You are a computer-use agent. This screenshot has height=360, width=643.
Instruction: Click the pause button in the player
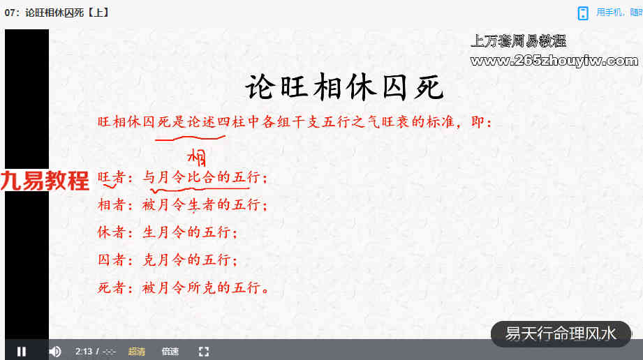pyautogui.click(x=22, y=352)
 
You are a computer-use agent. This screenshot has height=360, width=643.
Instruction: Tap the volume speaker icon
pyautogui.click(x=55, y=352)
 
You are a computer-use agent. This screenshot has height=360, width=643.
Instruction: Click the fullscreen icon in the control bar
pyautogui.click(x=204, y=352)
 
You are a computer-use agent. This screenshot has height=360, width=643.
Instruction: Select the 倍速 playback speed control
pyautogui.click(x=170, y=352)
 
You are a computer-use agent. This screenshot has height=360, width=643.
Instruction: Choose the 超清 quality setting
pyautogui.click(x=137, y=352)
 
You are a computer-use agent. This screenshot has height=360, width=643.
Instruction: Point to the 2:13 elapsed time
pyautogui.click(x=84, y=352)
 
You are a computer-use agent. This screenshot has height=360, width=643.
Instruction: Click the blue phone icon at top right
pyautogui.click(x=583, y=13)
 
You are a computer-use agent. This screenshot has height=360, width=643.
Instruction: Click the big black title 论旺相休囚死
pyautogui.click(x=344, y=87)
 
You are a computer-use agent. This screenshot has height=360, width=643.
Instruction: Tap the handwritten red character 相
pyautogui.click(x=197, y=158)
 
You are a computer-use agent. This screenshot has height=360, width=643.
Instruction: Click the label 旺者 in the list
pyautogui.click(x=111, y=177)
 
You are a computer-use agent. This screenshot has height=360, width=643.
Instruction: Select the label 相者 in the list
pyautogui.click(x=111, y=204)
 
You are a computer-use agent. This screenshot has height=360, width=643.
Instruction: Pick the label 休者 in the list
pyautogui.click(x=111, y=232)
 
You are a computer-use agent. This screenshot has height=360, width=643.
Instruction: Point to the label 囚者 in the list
pyautogui.click(x=111, y=260)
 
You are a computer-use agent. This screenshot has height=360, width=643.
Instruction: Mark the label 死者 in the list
pyautogui.click(x=111, y=287)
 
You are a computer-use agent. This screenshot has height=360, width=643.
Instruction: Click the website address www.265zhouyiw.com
pyautogui.click(x=554, y=61)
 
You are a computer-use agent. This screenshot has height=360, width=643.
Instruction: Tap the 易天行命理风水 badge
pyautogui.click(x=561, y=333)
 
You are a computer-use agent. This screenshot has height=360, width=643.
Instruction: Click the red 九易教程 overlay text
pyautogui.click(x=45, y=181)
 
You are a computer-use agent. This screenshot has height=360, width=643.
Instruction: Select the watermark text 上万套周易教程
pyautogui.click(x=518, y=41)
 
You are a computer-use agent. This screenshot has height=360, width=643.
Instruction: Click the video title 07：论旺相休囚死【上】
pyautogui.click(x=57, y=13)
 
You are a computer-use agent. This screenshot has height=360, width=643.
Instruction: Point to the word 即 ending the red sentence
pyautogui.click(x=478, y=122)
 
